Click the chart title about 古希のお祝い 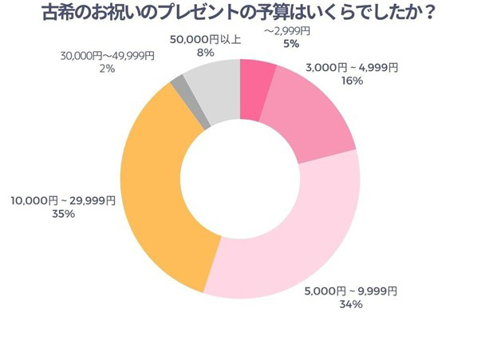point(240,14)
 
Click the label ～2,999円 point(289,31)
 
